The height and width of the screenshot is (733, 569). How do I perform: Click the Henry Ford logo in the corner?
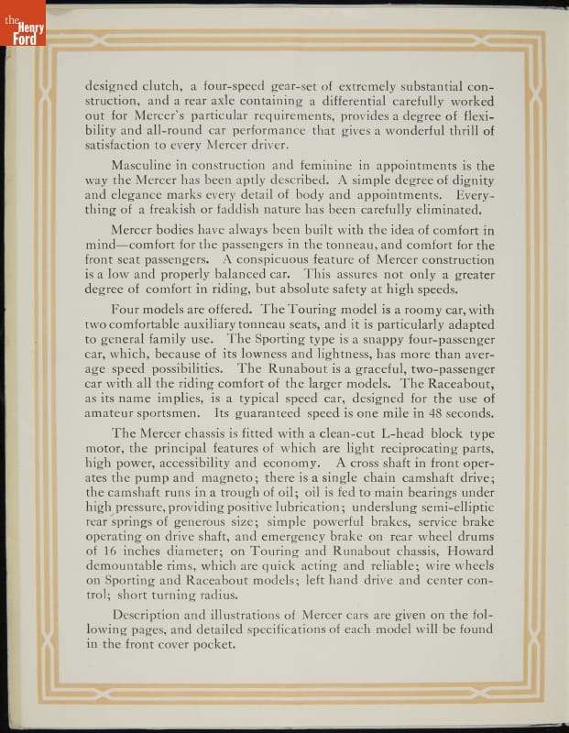(x=22, y=22)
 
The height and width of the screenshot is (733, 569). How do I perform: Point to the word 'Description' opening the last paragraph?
(x=149, y=616)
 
